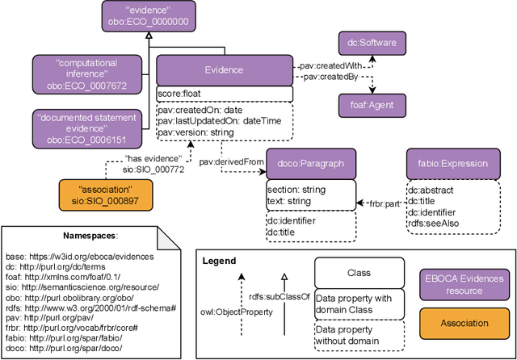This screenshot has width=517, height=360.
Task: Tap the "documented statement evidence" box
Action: pyautogui.click(x=81, y=128)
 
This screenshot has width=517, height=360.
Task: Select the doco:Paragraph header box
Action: pyautogui.click(x=310, y=163)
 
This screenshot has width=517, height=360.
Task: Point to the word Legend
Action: pyautogui.click(x=219, y=261)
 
